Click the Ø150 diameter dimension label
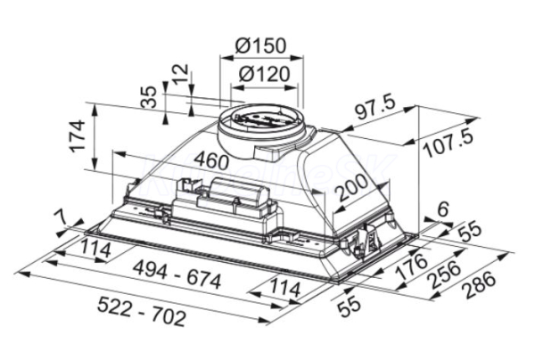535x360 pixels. (x=260, y=45)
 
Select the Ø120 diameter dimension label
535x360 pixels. (x=264, y=74)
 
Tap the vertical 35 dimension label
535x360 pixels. (x=149, y=97)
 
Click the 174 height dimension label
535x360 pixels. (x=77, y=135)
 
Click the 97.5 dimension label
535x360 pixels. (x=374, y=109)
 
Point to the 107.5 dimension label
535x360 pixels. (x=448, y=144)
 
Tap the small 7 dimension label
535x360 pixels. (x=62, y=217)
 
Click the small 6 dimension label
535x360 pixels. (x=442, y=209)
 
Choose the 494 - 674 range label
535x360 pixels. (x=177, y=274)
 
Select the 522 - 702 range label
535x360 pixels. (x=141, y=311)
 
